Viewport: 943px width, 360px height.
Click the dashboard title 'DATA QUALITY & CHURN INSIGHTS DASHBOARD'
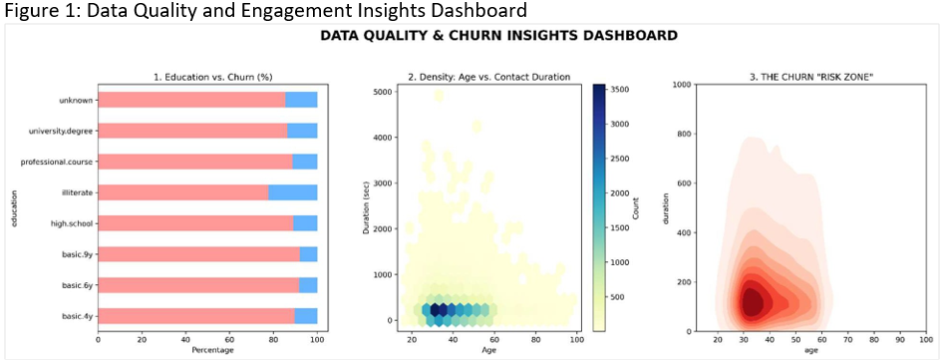(x=498, y=36)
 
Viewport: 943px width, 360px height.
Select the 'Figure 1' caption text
(x=264, y=11)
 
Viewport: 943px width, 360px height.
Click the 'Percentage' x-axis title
(x=208, y=352)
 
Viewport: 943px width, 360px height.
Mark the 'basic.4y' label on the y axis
(x=76, y=316)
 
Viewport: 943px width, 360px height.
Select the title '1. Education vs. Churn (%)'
(x=208, y=77)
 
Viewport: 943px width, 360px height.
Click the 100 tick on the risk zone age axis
(x=924, y=340)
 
